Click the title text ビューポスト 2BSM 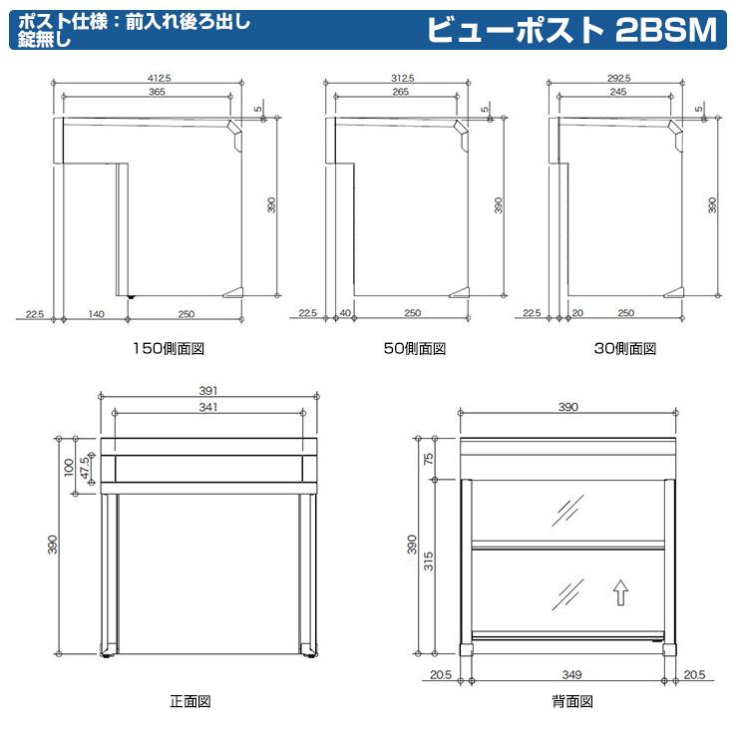click(x=571, y=31)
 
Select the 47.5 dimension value click(x=85, y=466)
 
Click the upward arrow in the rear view click(x=619, y=594)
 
